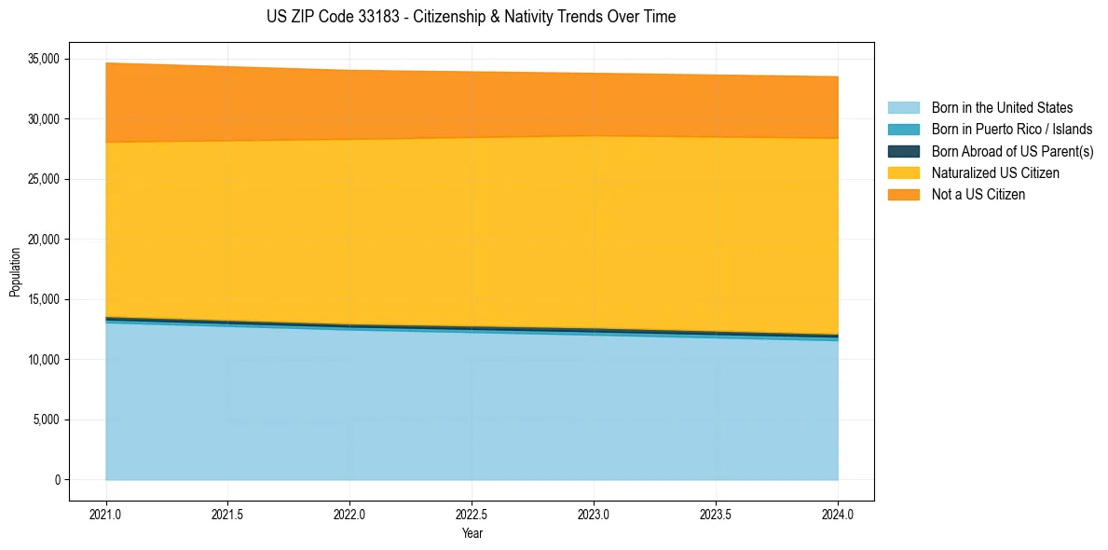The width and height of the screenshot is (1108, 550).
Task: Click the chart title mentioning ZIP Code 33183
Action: (471, 17)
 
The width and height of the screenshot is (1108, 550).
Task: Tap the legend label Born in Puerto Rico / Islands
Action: (1011, 130)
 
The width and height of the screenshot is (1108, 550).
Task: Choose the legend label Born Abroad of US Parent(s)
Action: (1012, 151)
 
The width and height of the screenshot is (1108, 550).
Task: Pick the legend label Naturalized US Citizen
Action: (995, 173)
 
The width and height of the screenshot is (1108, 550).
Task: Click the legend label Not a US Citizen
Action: (978, 195)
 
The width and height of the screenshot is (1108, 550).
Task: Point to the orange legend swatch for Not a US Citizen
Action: (903, 195)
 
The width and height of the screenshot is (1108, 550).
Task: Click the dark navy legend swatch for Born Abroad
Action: (903, 151)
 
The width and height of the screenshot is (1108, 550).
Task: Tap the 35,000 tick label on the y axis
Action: (44, 60)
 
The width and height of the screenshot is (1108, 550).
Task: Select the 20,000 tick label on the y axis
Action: (44, 240)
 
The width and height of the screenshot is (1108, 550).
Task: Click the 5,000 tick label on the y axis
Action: (47, 420)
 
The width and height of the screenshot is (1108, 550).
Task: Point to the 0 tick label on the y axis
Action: (57, 480)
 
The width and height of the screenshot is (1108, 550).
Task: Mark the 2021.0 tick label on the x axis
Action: (106, 514)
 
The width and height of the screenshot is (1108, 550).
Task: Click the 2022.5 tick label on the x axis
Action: (472, 514)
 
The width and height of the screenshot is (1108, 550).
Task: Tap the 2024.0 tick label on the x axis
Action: (838, 514)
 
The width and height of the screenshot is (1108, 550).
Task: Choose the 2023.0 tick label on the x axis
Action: (594, 514)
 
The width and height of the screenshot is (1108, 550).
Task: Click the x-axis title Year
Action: (472, 533)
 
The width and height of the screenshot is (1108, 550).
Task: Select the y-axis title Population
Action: (15, 271)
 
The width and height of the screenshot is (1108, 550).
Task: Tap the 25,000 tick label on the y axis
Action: (44, 180)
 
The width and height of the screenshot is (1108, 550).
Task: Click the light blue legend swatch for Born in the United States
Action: (903, 108)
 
